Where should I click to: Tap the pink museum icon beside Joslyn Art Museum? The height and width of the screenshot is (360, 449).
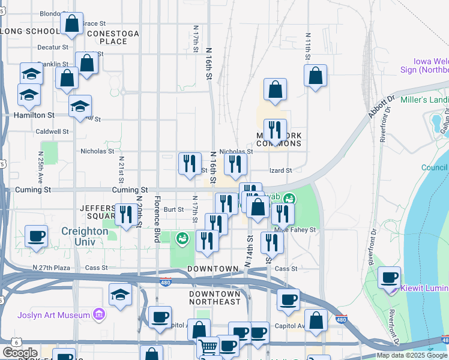(x=99, y=314)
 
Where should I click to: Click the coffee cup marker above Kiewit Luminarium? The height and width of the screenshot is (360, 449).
(x=390, y=278)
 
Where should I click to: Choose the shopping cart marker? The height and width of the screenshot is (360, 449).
(x=208, y=346)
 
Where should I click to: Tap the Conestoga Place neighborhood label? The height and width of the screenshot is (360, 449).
(x=113, y=37)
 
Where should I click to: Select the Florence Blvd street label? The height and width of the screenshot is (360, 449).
(x=157, y=218)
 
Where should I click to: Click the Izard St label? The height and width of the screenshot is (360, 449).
(x=280, y=170)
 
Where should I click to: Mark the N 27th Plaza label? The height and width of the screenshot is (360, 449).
(x=52, y=268)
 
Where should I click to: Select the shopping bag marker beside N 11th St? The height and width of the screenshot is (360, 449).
(x=315, y=76)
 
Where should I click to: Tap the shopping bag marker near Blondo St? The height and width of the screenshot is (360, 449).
(x=71, y=25)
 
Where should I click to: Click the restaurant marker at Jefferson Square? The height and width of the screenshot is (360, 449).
(x=125, y=215)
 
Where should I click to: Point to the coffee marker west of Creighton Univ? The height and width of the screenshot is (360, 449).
(x=37, y=236)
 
